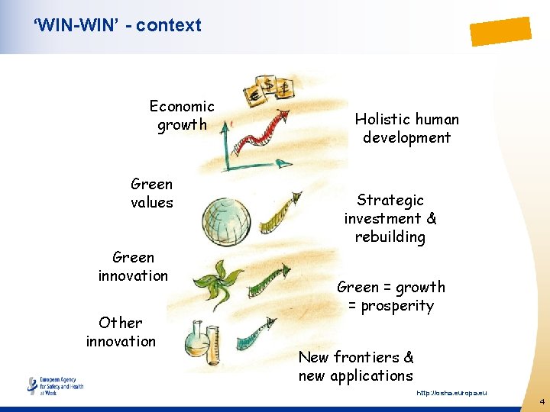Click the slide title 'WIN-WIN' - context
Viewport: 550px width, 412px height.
[x=117, y=25]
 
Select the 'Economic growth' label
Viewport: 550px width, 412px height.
[x=182, y=115]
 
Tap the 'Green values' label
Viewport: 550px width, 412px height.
[x=152, y=193]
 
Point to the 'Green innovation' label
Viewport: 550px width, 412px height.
[x=133, y=266]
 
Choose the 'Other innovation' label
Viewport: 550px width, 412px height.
[x=121, y=332]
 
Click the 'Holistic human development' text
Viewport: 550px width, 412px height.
[x=406, y=128]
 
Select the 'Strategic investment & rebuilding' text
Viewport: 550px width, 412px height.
[x=390, y=218]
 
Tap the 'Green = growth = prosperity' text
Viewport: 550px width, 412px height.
[x=390, y=296]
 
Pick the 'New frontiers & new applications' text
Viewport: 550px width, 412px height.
[x=356, y=366]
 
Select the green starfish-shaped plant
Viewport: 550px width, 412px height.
[x=215, y=281]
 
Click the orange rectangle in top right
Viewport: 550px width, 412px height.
[x=500, y=31]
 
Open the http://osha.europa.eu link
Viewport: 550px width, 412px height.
[x=451, y=393]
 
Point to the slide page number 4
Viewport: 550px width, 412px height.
[x=542, y=401]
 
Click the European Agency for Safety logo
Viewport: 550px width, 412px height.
[x=55, y=385]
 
